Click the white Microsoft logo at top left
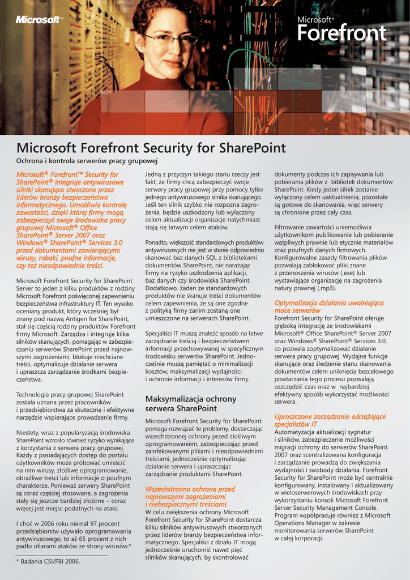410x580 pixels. point(38,20)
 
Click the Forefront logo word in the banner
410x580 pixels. point(341,34)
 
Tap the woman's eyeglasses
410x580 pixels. point(170,40)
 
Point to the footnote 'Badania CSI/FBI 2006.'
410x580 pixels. point(50,561)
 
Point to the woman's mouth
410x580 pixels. point(173,63)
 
